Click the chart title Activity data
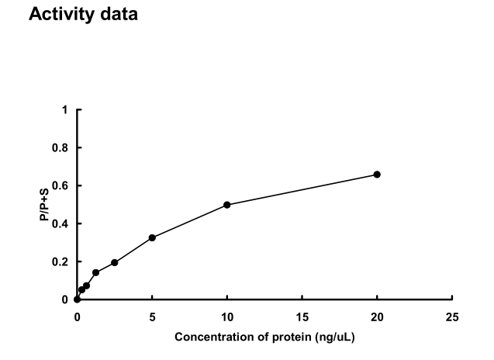coord(83,14)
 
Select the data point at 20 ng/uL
coord(377,175)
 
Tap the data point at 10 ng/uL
coord(227,205)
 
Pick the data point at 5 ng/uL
coord(152,237)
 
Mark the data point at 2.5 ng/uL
coord(115,262)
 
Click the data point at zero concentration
coord(77,299)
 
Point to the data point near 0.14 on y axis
coord(95,272)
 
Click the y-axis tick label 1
coord(65,110)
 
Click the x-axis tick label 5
coord(152,317)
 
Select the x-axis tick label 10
coord(227,317)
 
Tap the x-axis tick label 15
coord(302,317)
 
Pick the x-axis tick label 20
coord(378,317)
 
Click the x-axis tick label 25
coord(453,317)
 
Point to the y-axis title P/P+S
coord(45,205)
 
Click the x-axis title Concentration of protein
coord(264,337)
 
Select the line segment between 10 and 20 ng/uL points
coord(302,190)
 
